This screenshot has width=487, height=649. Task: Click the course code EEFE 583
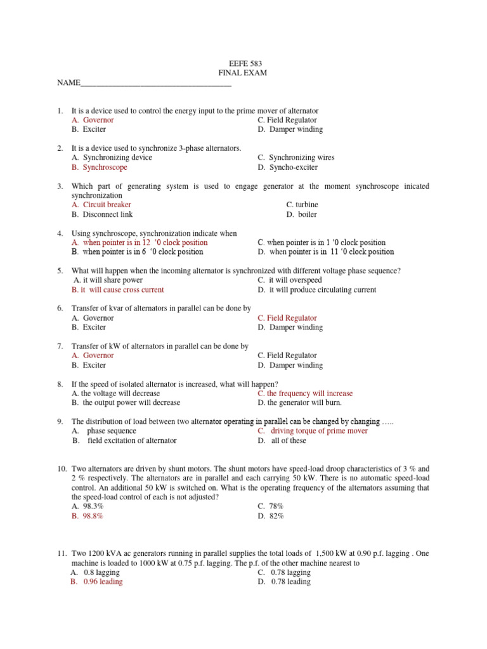(x=244, y=63)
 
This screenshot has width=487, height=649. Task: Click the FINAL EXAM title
(x=244, y=73)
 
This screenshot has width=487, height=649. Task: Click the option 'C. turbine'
(x=302, y=205)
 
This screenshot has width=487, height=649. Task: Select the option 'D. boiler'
(x=301, y=214)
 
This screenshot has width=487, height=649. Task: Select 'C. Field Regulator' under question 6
(x=287, y=318)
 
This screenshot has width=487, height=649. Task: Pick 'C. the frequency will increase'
(x=305, y=394)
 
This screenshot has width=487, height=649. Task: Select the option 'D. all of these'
(x=282, y=440)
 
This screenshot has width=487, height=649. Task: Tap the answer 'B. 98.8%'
(x=88, y=516)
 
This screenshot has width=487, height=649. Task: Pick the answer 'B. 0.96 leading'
(x=96, y=582)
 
